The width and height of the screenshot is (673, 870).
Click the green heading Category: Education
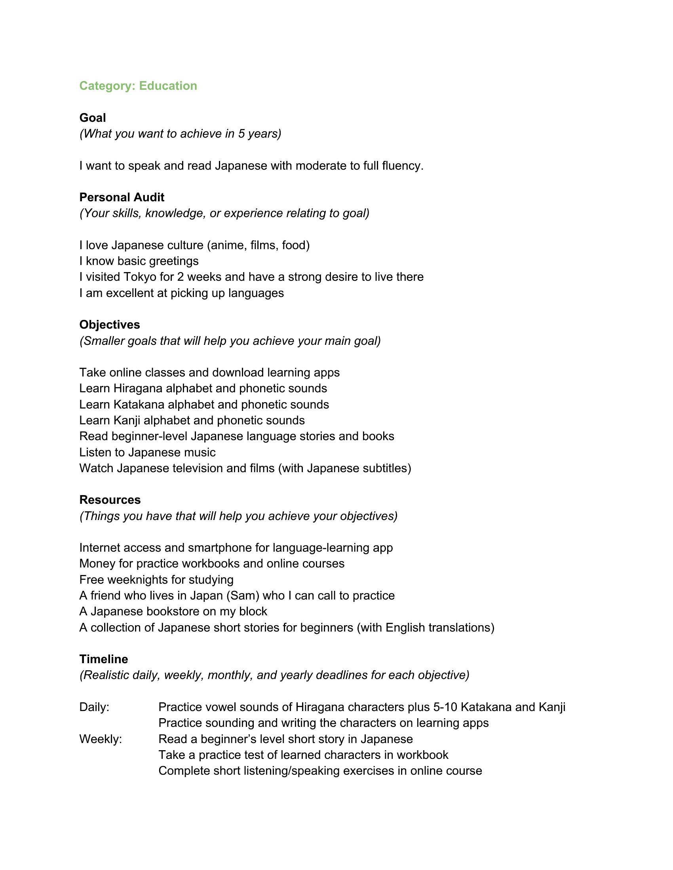(138, 86)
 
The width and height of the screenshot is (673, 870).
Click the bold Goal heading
(93, 117)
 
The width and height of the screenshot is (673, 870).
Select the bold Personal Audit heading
(122, 197)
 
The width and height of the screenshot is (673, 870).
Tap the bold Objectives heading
(110, 325)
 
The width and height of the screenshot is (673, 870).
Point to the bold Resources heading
(110, 499)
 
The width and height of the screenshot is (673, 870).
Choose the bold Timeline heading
(104, 659)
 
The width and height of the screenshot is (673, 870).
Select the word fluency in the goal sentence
(402, 166)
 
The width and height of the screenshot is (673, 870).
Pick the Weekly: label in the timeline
(101, 739)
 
